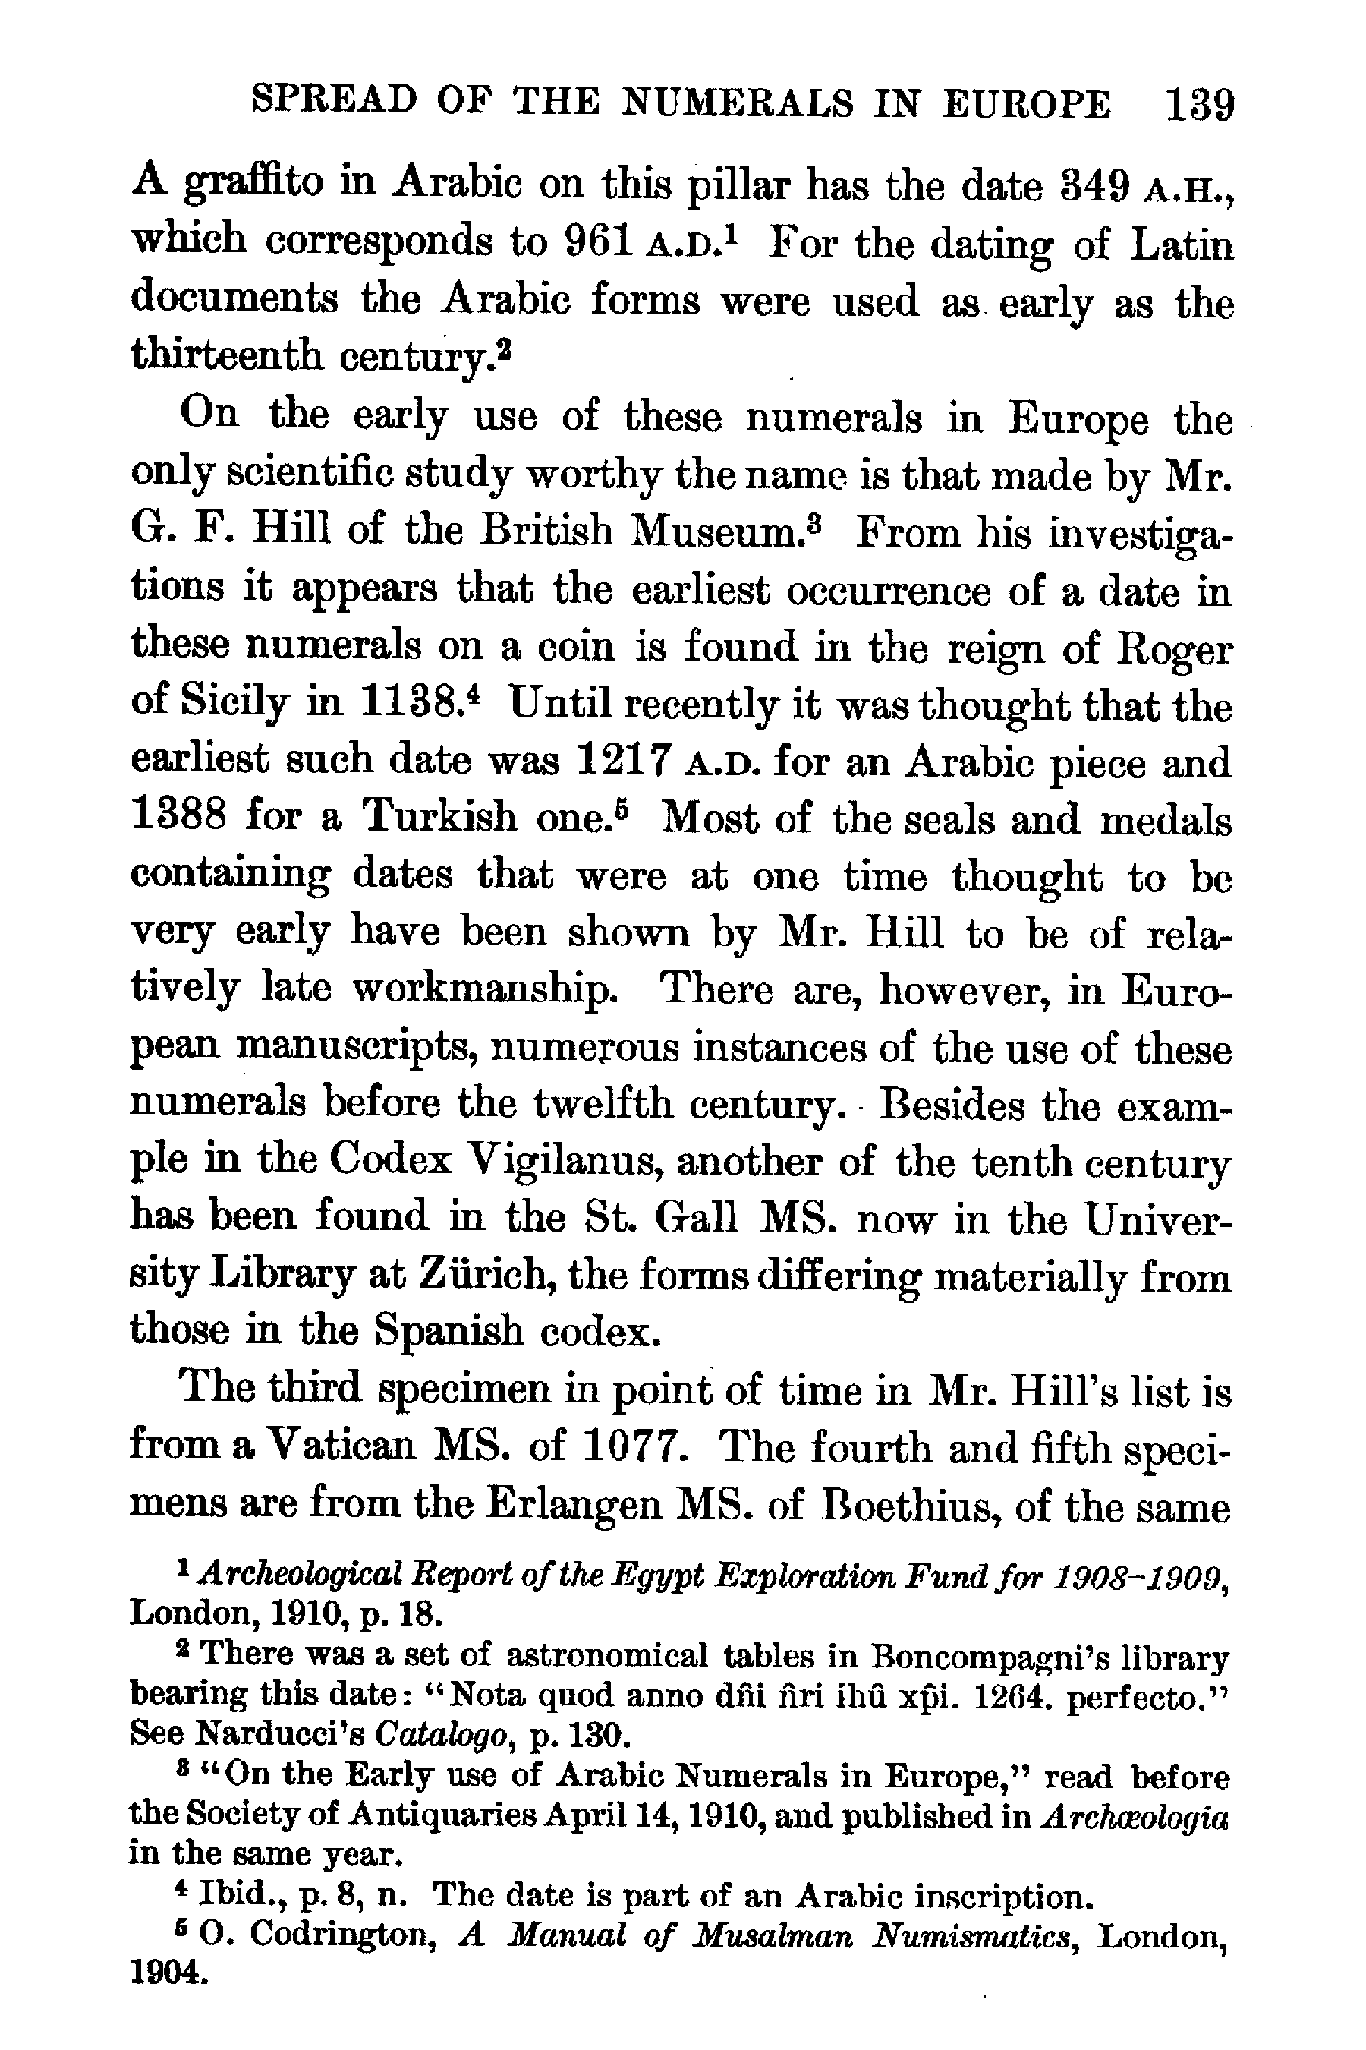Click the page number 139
1200,105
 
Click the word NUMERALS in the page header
738,105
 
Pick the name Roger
1173,648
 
